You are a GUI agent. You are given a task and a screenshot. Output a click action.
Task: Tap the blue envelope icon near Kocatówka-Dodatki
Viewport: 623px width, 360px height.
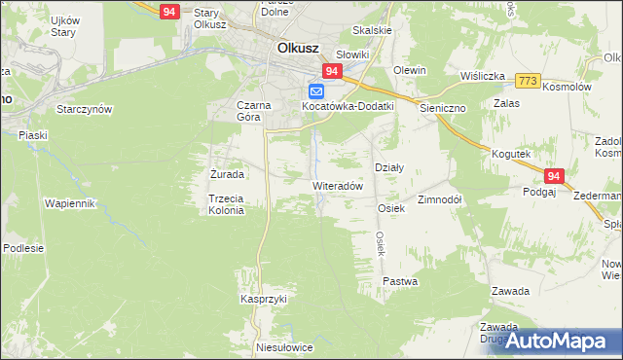[x=316, y=91]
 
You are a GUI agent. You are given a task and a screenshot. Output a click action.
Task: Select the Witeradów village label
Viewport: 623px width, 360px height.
[x=338, y=185]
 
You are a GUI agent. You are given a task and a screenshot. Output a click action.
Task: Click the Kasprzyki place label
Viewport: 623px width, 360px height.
[x=264, y=300]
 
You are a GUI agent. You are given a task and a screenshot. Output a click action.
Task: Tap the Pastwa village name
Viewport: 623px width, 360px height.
[x=400, y=281]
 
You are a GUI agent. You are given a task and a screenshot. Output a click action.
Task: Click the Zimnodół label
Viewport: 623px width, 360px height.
[x=439, y=198]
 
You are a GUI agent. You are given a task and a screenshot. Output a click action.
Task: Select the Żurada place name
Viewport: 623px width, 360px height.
[x=227, y=174]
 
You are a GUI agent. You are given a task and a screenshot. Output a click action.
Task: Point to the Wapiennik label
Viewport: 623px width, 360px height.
[x=68, y=203]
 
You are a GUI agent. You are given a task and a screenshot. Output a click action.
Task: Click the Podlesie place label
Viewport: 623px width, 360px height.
[x=23, y=248]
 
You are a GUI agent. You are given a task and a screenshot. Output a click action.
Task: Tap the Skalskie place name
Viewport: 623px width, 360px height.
[x=373, y=30]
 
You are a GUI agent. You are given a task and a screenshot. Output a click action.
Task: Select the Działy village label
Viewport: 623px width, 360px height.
[x=389, y=167]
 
